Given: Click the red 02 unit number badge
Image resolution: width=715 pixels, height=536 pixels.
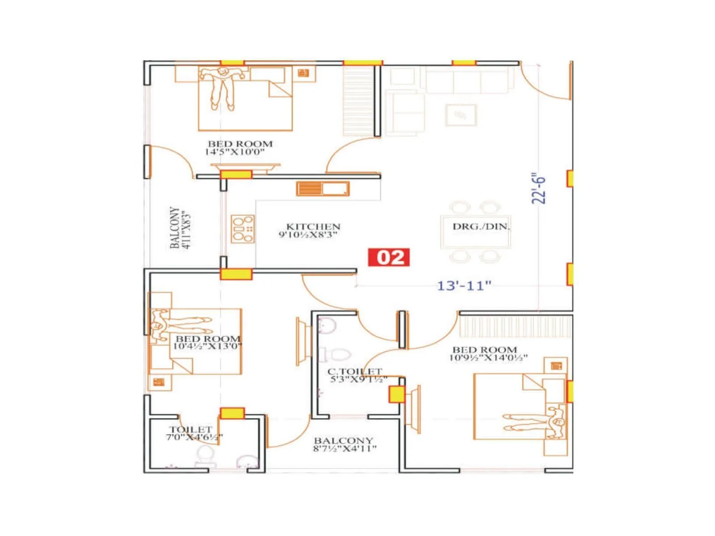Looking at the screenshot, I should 388,257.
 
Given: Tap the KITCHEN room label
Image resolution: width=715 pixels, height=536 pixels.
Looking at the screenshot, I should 313,226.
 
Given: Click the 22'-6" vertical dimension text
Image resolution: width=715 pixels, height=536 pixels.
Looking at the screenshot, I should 539,189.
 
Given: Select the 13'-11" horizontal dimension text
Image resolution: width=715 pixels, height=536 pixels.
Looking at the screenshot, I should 463,285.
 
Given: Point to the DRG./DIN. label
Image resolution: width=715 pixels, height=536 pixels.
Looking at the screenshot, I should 481,226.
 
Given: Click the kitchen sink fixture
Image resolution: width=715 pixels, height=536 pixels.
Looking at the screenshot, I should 322,189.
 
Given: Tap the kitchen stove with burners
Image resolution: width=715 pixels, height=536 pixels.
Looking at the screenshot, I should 243,229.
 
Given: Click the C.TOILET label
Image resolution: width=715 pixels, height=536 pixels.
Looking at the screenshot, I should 355,371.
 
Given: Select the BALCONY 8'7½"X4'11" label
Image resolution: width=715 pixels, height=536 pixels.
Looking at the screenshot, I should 344,444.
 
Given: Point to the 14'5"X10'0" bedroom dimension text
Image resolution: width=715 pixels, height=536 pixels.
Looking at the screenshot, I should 235,152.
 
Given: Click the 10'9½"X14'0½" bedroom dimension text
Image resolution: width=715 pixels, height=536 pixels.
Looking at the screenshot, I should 488,357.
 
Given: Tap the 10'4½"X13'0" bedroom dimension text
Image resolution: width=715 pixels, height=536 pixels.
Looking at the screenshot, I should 207,346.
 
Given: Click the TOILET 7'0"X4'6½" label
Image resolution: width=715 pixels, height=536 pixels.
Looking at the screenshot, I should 193,433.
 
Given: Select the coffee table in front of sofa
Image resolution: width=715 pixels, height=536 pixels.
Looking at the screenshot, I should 461,115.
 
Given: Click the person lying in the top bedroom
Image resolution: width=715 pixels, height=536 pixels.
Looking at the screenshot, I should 222,87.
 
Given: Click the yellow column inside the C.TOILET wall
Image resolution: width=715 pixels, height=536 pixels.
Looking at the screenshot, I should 396,395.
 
